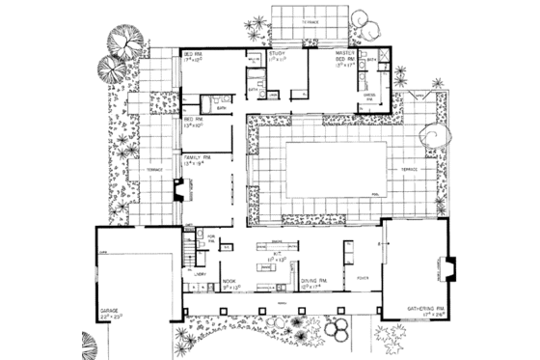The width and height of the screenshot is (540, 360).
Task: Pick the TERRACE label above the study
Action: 309,20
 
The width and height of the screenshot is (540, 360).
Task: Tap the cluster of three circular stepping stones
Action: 340,331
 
